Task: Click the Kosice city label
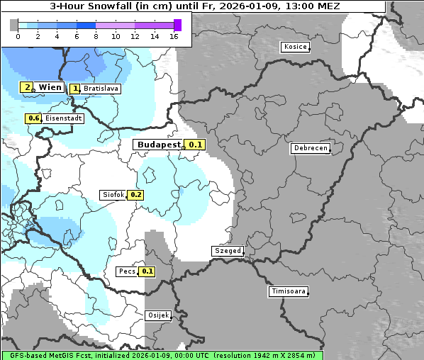295,47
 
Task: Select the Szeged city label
228,251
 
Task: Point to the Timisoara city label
289,291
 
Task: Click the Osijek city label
157,315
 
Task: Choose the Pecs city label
127,271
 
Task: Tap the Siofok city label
113,195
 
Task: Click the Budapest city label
159,145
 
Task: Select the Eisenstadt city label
63,118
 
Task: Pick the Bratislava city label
101,89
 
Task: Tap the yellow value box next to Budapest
195,145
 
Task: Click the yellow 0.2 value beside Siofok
135,195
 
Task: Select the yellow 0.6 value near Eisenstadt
33,118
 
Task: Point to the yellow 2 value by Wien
27,87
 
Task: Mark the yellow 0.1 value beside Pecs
147,271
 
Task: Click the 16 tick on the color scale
174,36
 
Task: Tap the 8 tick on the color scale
96,36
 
